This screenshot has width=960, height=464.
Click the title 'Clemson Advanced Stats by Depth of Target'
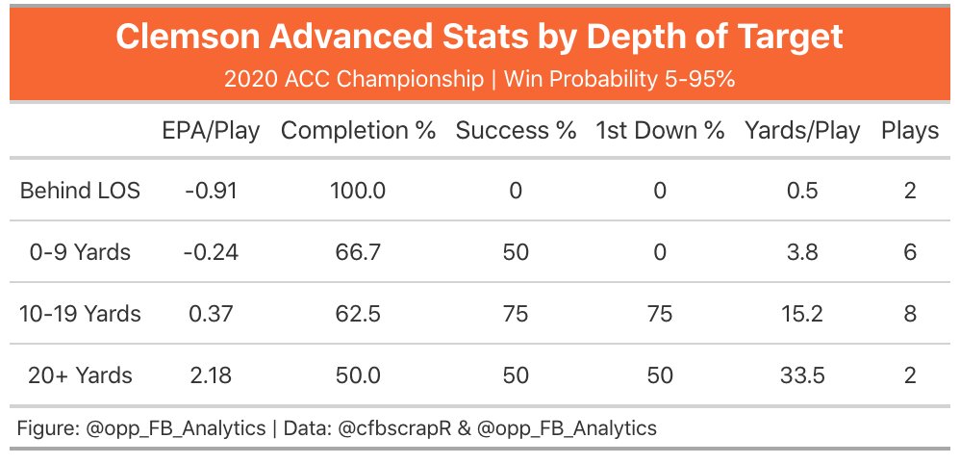tap(479, 38)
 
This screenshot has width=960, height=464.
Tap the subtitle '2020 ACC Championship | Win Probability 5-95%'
tap(479, 79)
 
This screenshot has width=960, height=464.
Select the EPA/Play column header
tap(211, 132)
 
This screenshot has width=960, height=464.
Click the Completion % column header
tap(358, 132)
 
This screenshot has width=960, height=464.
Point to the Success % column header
tap(516, 132)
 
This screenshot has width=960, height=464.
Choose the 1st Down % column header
tap(660, 132)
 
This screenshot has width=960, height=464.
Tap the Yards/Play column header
tap(802, 132)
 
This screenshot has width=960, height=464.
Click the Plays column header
tap(910, 132)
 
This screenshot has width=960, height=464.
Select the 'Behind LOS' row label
tap(80, 191)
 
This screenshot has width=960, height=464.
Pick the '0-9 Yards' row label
tap(80, 252)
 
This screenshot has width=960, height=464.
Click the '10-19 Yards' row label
tap(80, 314)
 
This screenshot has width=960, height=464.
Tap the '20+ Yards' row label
tap(80, 375)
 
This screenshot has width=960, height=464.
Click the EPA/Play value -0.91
tap(211, 191)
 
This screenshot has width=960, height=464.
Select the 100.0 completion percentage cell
tap(358, 191)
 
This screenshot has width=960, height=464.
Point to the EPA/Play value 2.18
tap(211, 375)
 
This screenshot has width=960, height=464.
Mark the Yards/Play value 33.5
tap(802, 375)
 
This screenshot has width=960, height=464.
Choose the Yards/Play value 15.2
tap(802, 314)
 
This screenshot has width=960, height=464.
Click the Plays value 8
tap(910, 314)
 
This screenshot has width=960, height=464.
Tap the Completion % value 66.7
tap(358, 252)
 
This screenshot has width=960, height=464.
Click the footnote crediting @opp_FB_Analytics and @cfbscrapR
tap(337, 428)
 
